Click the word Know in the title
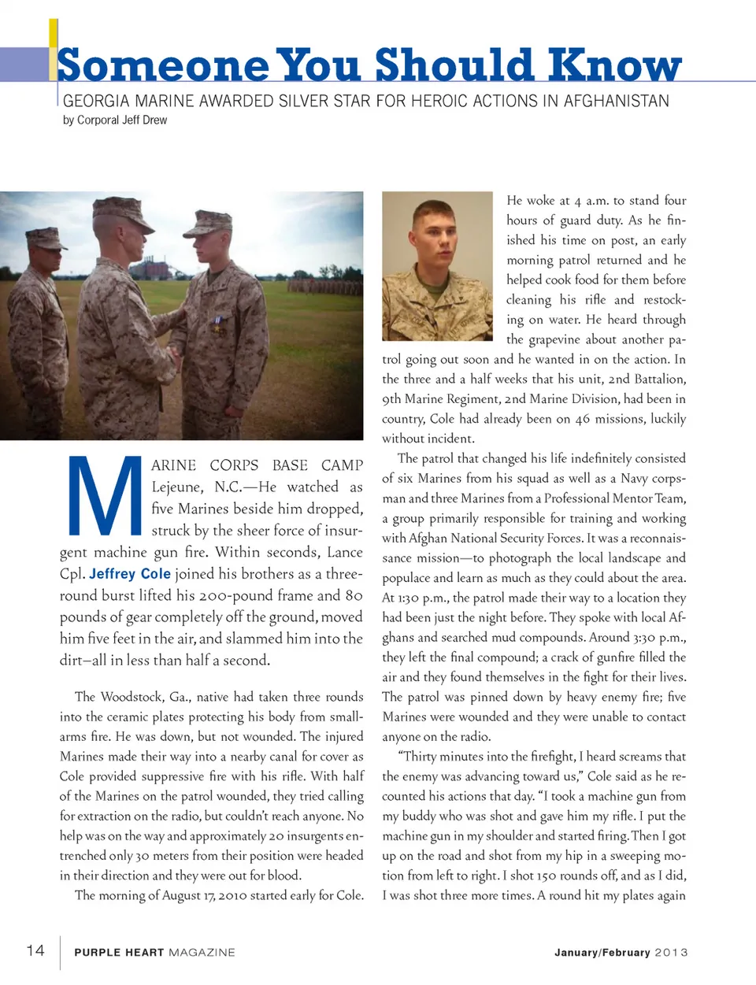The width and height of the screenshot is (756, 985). point(614,65)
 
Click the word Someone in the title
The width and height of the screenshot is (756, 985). point(162,66)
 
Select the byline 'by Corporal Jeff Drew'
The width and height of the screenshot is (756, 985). point(115,120)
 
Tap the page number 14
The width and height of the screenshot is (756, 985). point(35,950)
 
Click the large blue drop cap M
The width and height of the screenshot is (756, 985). point(103,495)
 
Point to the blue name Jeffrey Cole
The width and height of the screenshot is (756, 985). point(130,574)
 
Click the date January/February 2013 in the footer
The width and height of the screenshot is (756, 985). point(621,952)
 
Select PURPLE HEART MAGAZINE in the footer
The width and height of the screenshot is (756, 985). point(154,952)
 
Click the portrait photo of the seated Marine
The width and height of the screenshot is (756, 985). point(437,265)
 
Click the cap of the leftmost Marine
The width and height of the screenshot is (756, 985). point(46,236)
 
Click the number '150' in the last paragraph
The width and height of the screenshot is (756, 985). point(546,876)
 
